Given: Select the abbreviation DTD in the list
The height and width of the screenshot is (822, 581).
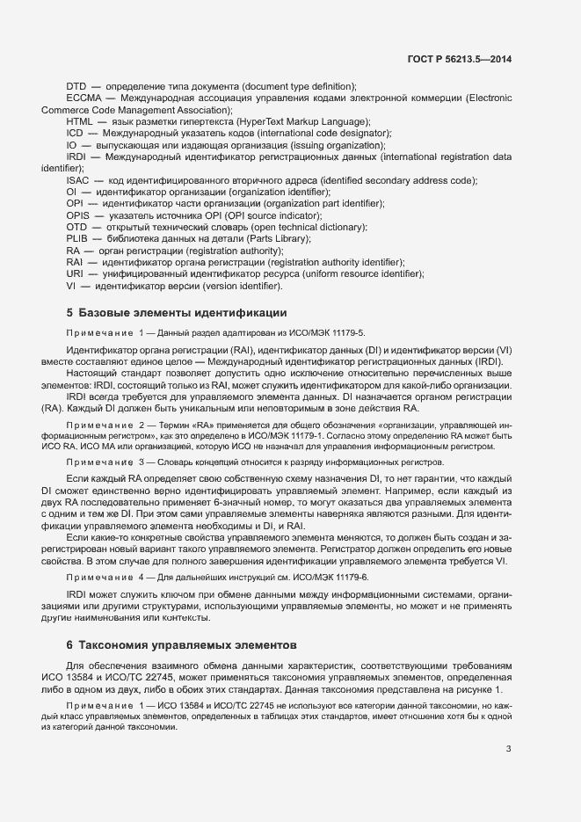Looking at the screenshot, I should pos(76,86).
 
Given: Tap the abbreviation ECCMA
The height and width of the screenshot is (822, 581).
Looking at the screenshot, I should pos(82,98).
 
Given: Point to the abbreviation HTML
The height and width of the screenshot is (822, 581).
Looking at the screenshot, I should pos(79,121).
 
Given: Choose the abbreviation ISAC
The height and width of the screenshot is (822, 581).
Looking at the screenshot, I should pos(77,180).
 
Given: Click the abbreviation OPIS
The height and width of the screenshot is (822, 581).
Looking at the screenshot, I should pos(78,215).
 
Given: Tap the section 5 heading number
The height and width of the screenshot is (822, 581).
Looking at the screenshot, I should pos(69,313).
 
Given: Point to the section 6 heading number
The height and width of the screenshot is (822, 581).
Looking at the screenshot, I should pos(69,644).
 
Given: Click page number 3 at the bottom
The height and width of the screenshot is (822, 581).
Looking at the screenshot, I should pos(508,749).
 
